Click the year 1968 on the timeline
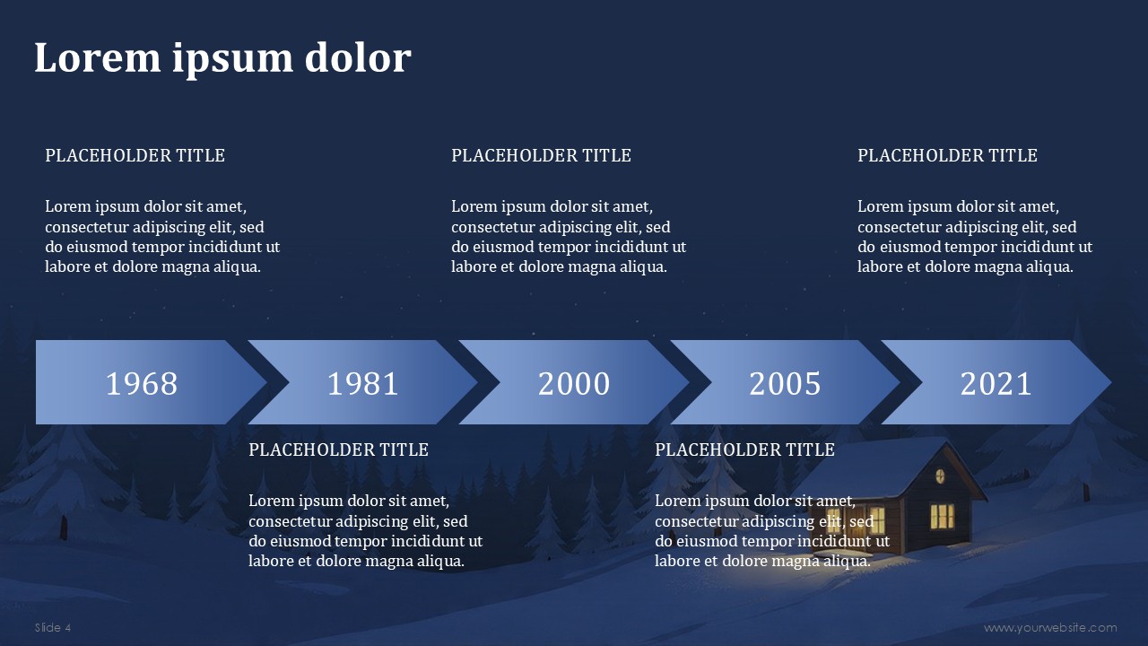point(142,384)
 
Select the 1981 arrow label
point(362,384)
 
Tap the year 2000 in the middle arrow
point(574,384)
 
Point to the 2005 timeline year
point(785,384)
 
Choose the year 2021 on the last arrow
point(996,384)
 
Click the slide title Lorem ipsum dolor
point(222,58)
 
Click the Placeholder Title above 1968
point(135,155)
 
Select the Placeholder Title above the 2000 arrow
point(541,155)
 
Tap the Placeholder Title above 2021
point(947,155)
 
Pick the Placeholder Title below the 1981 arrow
point(338,450)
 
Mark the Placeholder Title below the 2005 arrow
point(744,450)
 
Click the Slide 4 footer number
point(53,627)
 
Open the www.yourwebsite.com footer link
point(1050,627)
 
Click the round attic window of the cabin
point(941,475)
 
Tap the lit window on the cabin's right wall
point(942,516)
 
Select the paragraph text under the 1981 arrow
point(365,531)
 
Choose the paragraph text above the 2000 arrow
point(568,237)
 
